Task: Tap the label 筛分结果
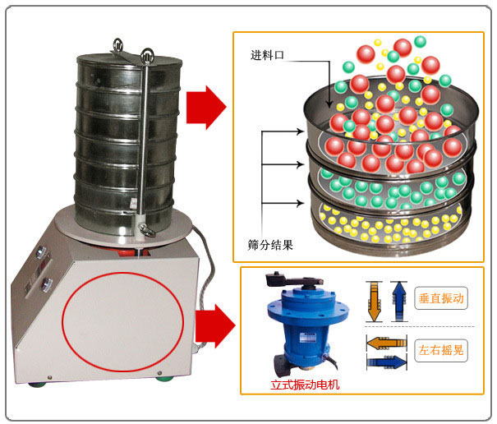(270, 244)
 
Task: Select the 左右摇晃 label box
(442, 350)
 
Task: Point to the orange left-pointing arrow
(386, 342)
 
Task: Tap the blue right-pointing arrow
(386, 361)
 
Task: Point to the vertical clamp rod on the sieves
(147, 140)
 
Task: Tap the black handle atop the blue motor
(291, 279)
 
